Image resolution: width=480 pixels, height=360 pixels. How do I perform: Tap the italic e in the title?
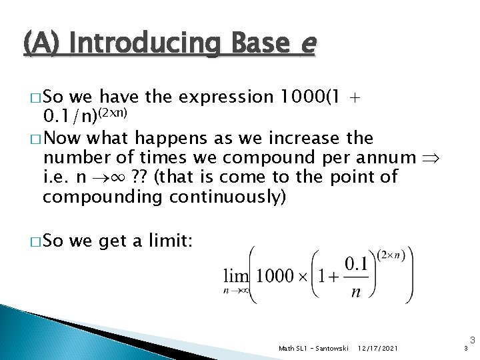point(307,45)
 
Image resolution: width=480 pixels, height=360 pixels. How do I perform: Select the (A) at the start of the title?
point(45,45)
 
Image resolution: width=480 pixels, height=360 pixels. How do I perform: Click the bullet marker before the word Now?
point(33,139)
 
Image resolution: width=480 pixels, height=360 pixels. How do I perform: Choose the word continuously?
point(217,197)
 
